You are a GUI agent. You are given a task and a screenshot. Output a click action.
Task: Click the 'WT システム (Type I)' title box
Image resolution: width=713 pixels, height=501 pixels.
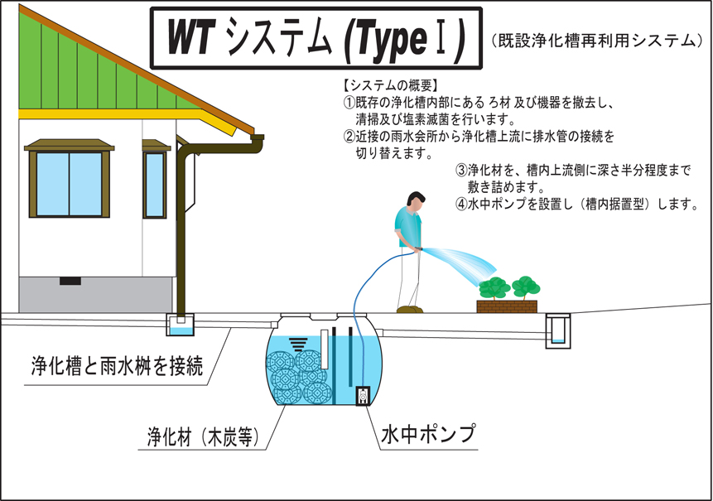tap(316, 38)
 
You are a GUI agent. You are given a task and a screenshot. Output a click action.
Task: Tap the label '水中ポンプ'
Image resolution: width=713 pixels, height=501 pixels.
tap(428, 433)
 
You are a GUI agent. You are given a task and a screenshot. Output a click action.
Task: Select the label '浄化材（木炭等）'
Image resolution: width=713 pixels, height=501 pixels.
tap(203, 437)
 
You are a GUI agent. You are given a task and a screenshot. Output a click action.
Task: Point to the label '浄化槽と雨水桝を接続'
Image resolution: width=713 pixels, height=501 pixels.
tap(117, 365)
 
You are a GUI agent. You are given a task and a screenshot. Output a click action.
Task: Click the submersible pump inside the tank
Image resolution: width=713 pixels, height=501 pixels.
tap(363, 396)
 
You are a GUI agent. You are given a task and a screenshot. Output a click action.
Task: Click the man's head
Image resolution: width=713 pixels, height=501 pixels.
tap(415, 202)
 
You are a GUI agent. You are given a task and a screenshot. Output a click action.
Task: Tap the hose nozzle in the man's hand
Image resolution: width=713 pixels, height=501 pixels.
tap(418, 248)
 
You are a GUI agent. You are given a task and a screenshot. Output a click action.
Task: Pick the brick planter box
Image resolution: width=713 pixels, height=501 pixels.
tap(507, 306)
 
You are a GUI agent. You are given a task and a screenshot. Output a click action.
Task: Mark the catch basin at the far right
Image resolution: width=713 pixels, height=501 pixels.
tap(558, 330)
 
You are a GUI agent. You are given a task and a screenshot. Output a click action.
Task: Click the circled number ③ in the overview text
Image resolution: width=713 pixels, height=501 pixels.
tap(461, 171)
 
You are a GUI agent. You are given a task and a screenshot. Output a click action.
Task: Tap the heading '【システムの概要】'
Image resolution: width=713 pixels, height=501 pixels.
tap(390, 85)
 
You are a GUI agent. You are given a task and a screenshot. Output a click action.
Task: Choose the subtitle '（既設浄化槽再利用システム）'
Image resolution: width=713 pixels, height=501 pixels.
tap(597, 41)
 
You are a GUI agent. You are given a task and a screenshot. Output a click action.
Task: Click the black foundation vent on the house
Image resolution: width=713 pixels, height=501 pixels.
tap(70, 281)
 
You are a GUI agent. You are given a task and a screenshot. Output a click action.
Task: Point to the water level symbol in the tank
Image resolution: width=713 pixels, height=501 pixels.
tap(298, 344)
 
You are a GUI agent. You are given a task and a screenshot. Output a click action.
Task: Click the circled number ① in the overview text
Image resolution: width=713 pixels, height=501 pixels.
tap(349, 103)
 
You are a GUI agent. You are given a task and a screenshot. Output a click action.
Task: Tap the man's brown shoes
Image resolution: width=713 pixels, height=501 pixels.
tap(410, 309)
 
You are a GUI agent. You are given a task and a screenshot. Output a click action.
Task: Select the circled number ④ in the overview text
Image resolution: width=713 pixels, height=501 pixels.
tap(461, 205)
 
